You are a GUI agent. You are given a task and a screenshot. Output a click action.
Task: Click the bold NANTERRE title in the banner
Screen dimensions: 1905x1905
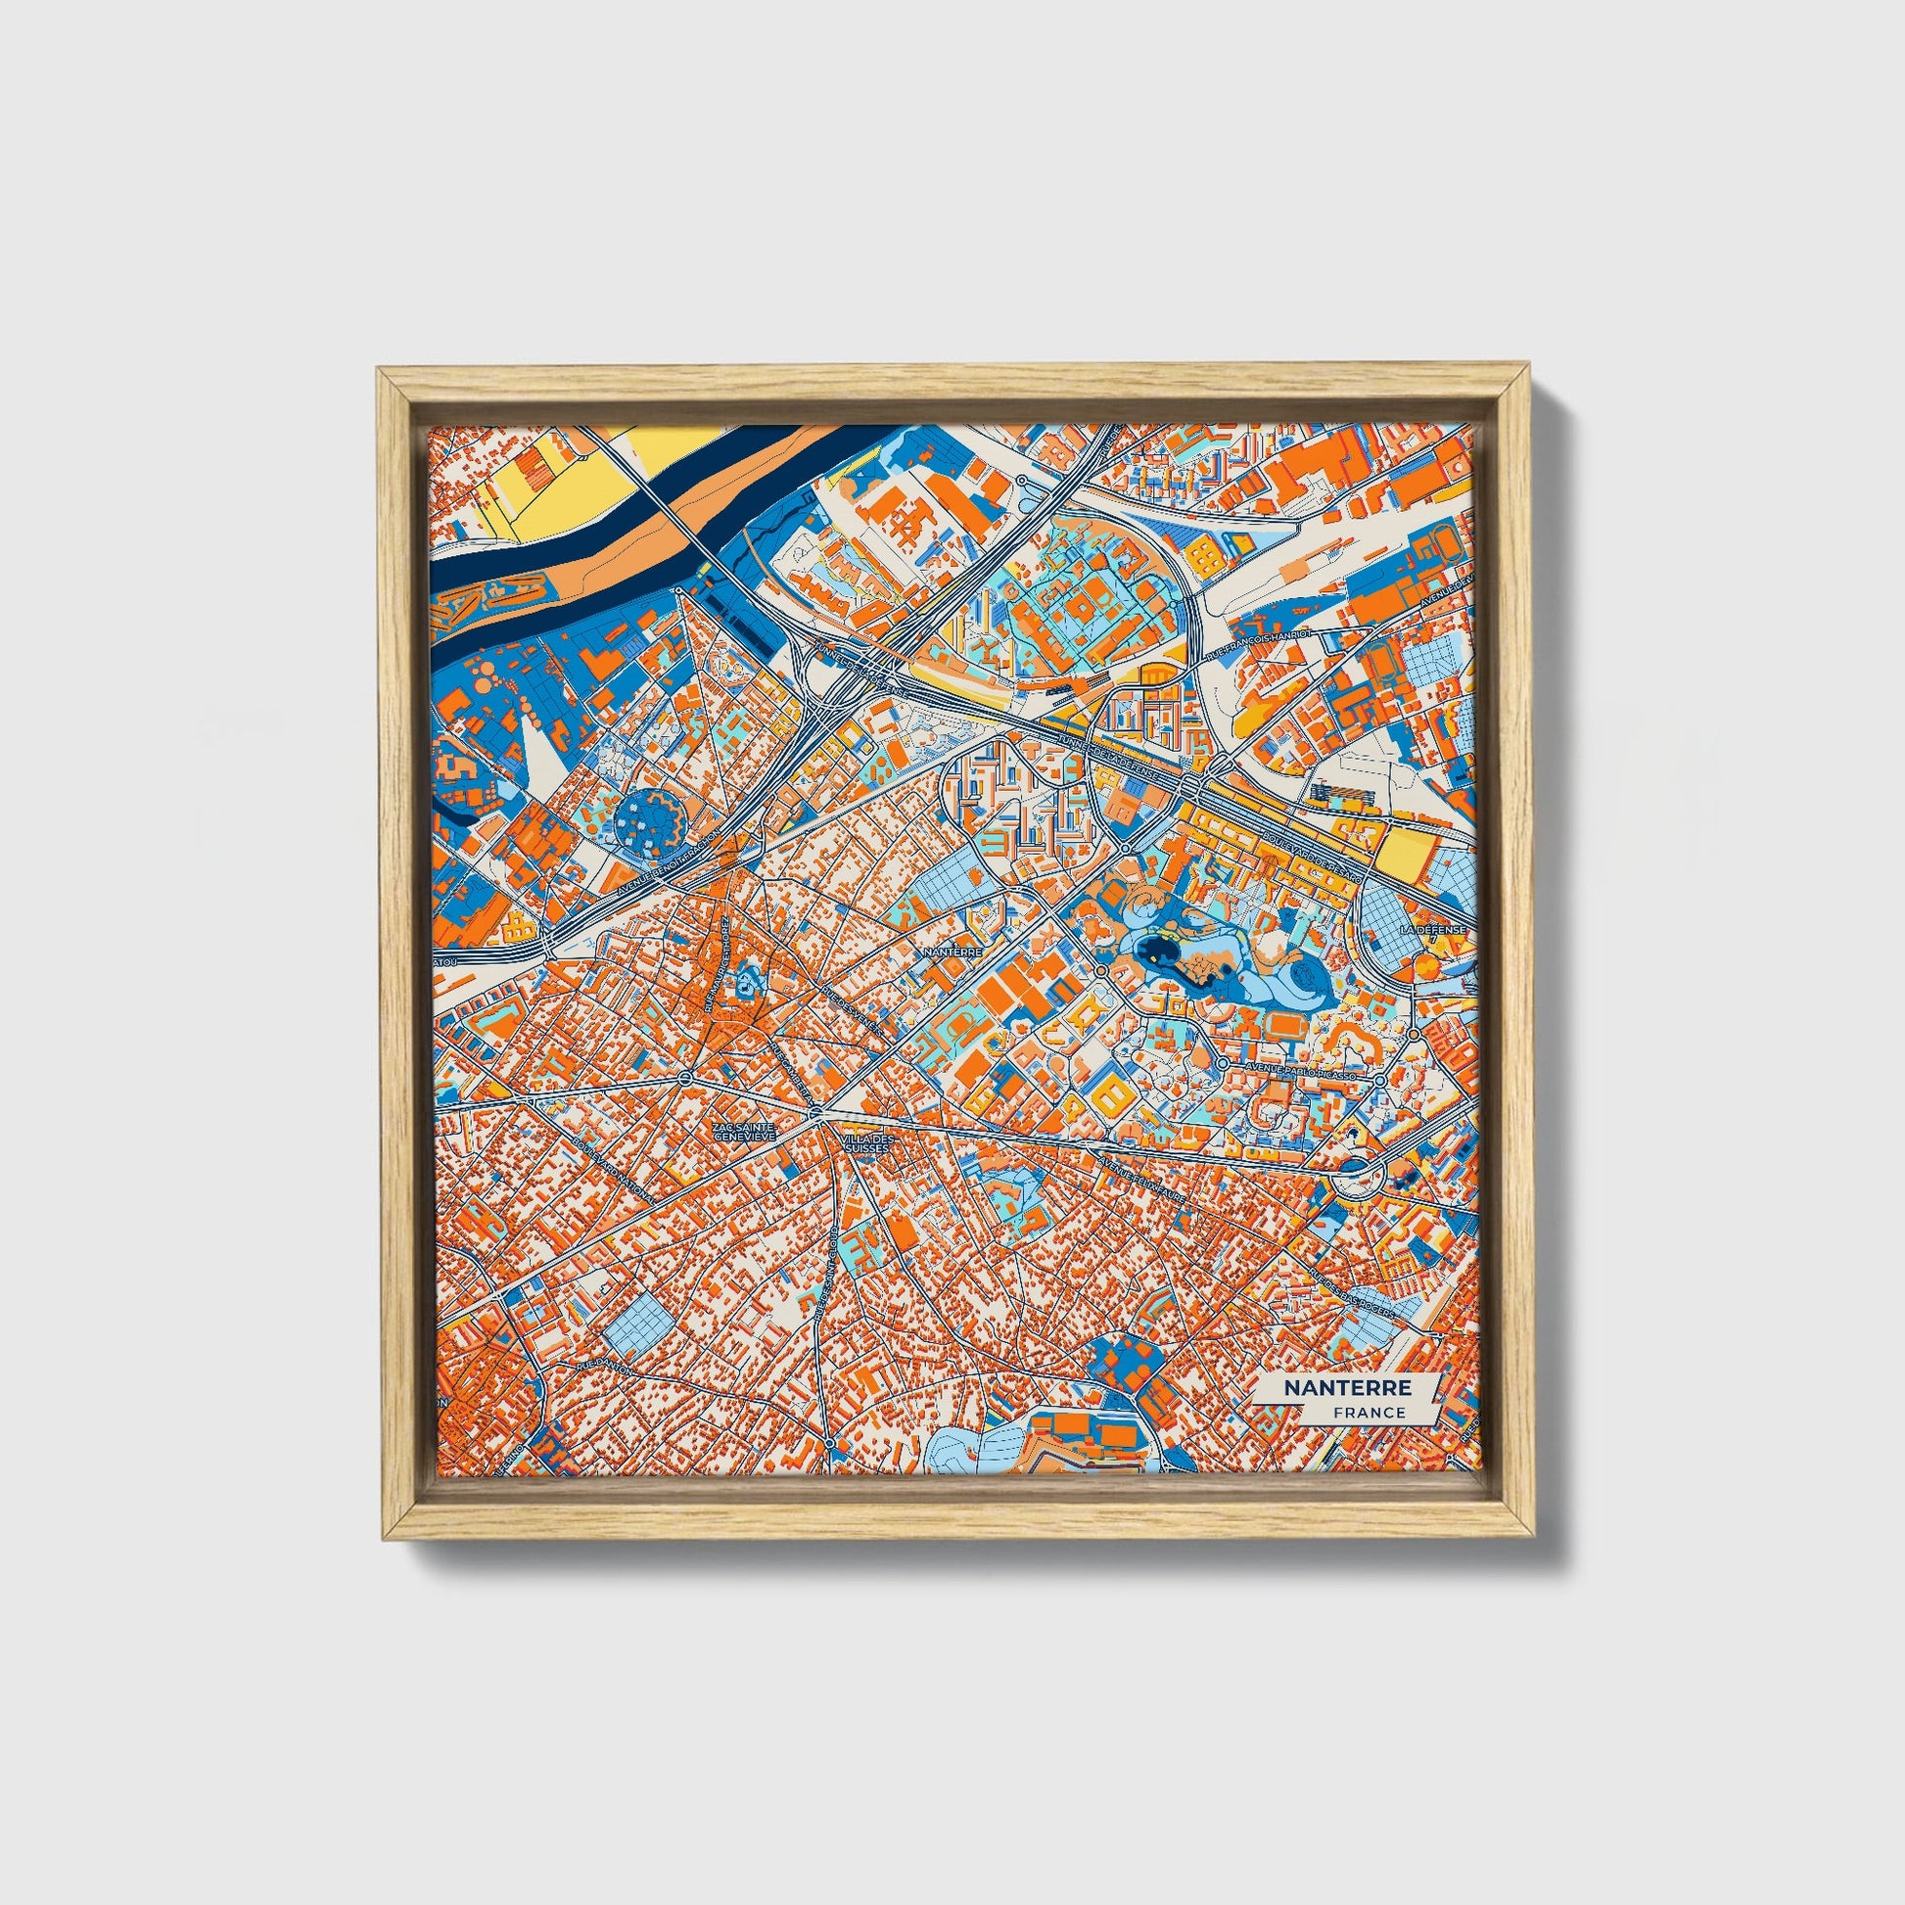pos(1347,1387)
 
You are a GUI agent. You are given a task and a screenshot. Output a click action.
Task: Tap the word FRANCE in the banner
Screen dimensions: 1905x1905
pos(1370,1412)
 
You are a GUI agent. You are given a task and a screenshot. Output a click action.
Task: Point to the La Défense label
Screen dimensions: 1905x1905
pos(1434,929)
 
